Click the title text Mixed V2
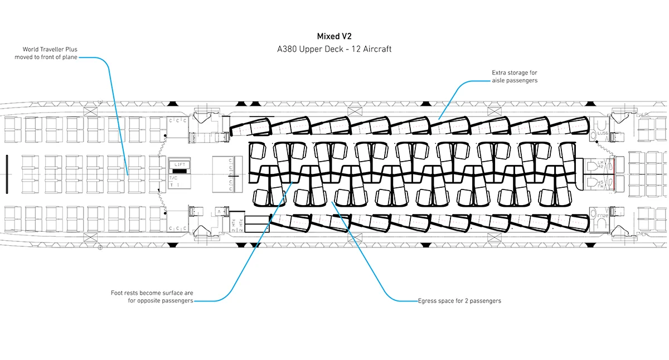click(x=334, y=36)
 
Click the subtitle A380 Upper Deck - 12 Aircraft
click(x=334, y=49)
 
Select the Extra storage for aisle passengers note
click(x=515, y=77)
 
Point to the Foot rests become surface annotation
click(x=152, y=296)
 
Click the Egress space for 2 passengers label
click(x=459, y=301)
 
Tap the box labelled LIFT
click(x=180, y=165)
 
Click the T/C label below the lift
click(x=173, y=178)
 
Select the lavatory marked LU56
click(x=602, y=128)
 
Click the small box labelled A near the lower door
click(x=220, y=212)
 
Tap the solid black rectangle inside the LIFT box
click(x=180, y=171)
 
